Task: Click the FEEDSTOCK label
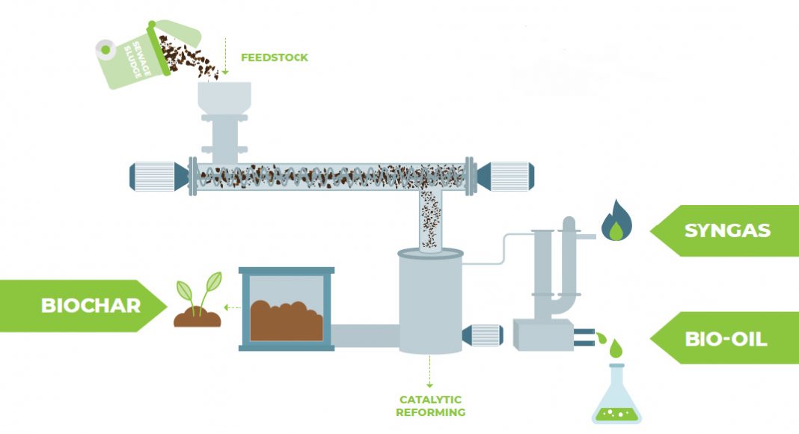(274, 58)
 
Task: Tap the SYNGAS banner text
(727, 230)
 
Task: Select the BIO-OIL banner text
(726, 339)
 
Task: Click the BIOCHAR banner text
(91, 305)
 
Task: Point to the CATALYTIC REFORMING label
(431, 406)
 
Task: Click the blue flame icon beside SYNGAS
(616, 220)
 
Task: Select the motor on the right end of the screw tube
(505, 177)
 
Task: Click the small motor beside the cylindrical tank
(483, 335)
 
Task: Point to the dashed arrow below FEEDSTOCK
(224, 56)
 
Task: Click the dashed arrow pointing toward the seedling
(233, 308)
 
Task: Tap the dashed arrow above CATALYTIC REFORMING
(429, 372)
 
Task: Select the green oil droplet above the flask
(616, 349)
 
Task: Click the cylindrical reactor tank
(431, 302)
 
